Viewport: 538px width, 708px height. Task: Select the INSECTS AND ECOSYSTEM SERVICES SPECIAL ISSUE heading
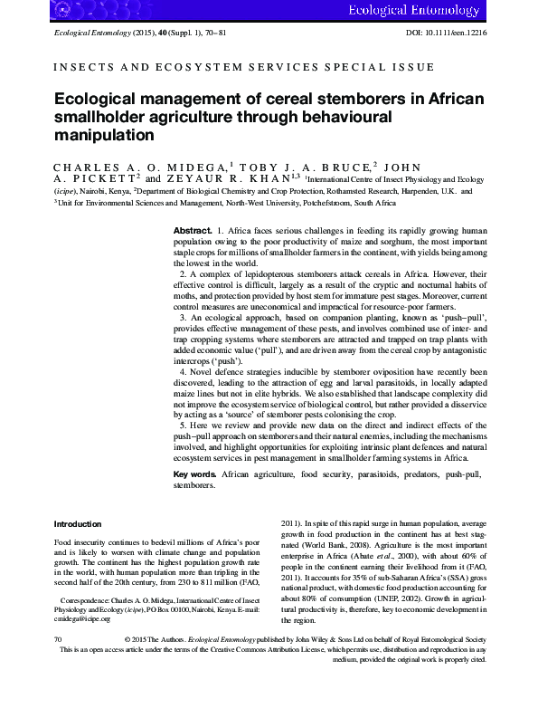coord(244,67)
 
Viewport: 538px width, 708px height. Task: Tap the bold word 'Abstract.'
coord(193,232)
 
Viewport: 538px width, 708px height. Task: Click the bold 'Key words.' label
coord(194,474)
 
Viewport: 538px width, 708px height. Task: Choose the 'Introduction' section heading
coord(78,523)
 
